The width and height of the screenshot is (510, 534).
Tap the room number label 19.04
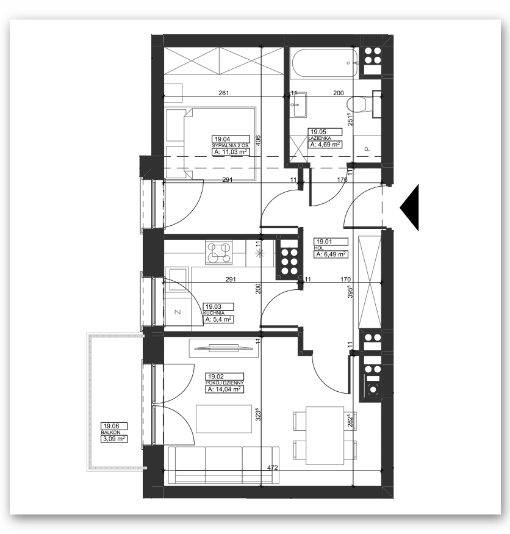[222, 139]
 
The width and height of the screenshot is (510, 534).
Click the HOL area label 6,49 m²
[331, 254]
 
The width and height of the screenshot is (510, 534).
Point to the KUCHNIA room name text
[214, 313]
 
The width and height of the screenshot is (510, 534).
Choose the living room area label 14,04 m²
[224, 389]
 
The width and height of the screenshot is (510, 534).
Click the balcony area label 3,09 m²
[114, 439]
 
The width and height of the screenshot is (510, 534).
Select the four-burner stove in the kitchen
[218, 253]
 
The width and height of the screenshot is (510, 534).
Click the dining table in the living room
[325, 435]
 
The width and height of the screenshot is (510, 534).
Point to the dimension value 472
[272, 467]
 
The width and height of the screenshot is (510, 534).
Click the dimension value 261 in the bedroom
[224, 93]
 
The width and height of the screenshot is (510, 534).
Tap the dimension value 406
[258, 140]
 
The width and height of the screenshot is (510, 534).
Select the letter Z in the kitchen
[178, 312]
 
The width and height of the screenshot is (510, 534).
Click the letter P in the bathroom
[367, 149]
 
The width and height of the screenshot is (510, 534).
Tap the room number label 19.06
[111, 426]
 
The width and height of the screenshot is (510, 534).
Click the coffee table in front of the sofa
[224, 419]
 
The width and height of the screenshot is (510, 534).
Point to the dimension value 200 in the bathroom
[339, 93]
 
